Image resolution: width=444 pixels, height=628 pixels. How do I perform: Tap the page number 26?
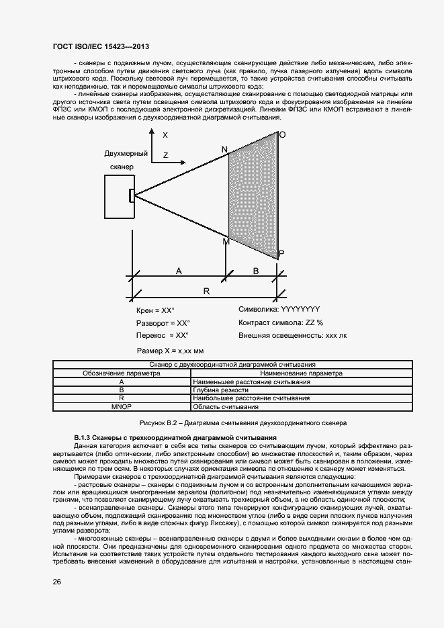point(57,582)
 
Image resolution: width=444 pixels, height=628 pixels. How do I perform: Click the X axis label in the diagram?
point(165,135)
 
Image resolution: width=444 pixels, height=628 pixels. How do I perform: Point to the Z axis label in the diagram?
point(165,155)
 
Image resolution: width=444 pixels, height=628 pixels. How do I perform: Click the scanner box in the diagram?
point(119,196)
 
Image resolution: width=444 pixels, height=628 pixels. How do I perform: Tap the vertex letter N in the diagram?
point(224,148)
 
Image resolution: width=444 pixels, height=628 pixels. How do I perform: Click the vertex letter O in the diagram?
point(282,135)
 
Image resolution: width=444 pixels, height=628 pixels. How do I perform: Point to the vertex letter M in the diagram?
point(226,242)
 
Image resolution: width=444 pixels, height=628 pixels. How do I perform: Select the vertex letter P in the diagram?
point(281,253)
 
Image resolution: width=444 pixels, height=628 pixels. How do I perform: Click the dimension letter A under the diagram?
point(179,271)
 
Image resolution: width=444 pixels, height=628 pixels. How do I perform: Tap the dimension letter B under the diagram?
point(255,271)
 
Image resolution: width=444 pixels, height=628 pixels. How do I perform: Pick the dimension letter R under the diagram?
point(206,292)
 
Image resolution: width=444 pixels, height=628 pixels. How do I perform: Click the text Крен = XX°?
point(155,310)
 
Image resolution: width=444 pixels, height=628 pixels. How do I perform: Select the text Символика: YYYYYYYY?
point(279,310)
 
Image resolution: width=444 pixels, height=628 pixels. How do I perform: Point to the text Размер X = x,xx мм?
point(170,351)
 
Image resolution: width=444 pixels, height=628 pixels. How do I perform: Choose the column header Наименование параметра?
point(301,373)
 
